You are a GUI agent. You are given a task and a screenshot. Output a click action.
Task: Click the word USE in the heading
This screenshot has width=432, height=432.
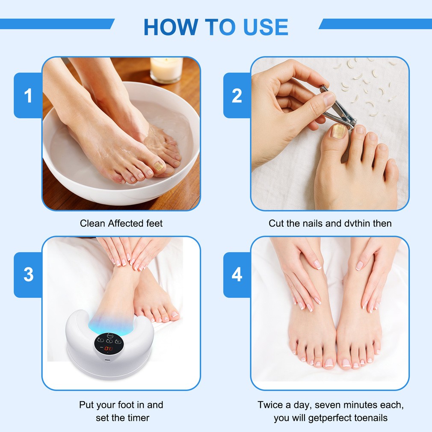point(266,27)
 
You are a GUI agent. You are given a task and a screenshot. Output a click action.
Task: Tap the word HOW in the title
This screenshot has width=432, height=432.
point(171,27)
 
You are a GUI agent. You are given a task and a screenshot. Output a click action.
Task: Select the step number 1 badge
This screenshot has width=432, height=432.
point(28,95)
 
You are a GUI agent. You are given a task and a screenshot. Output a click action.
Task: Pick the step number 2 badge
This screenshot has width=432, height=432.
point(237,95)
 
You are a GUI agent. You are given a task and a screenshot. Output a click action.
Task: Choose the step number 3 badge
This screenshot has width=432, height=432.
point(28,275)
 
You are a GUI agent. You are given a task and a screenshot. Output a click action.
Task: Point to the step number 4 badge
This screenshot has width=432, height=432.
point(237,275)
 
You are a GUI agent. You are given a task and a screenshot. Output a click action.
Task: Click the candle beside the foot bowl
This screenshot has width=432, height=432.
point(166,70)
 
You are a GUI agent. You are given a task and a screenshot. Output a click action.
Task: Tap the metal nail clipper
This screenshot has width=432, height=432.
point(337,108)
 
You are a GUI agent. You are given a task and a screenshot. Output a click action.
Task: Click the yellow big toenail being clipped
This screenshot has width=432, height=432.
point(338,131)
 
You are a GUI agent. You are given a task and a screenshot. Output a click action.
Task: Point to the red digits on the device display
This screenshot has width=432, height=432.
point(108,349)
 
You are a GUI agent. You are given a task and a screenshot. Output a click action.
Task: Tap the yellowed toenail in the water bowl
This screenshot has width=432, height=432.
point(159,166)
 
